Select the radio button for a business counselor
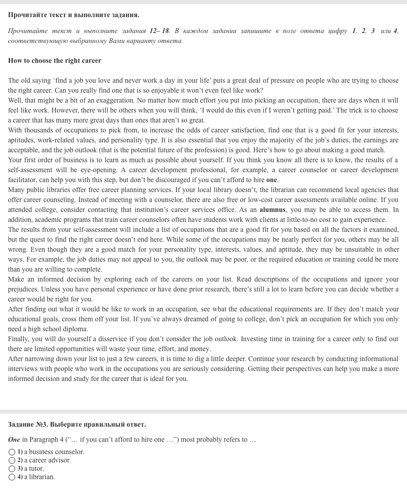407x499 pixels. coord(12,452)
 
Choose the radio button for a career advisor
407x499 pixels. coord(12,460)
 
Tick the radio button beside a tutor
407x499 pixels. coord(12,469)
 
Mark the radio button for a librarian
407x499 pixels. coord(12,477)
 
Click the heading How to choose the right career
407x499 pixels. coord(54,61)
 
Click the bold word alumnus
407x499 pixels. coord(272,210)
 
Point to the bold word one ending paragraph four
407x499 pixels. coord(271,180)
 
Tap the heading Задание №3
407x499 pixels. coord(28,425)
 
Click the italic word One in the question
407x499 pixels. coord(14,440)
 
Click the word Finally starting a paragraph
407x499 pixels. coord(18,339)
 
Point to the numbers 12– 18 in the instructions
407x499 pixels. coord(159,31)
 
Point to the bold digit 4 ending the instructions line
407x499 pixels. coord(395,31)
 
